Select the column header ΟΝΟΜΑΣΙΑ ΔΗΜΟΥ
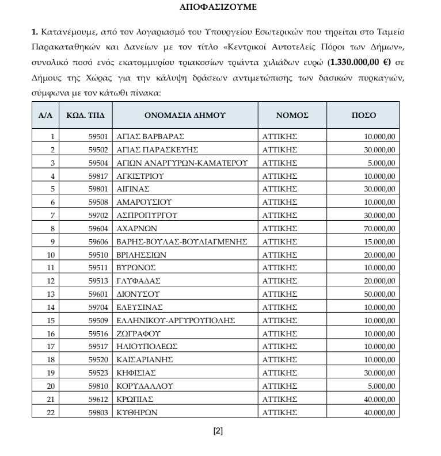click(185, 115)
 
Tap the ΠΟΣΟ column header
click(363, 115)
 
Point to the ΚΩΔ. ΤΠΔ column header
click(85, 115)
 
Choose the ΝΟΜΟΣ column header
click(292, 115)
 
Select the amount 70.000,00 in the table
click(379, 228)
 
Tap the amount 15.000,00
click(379, 242)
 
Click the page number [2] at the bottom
click(218, 431)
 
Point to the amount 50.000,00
click(379, 294)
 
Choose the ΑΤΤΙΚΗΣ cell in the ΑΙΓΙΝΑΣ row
click(279, 189)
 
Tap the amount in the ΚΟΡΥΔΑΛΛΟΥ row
click(381, 386)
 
